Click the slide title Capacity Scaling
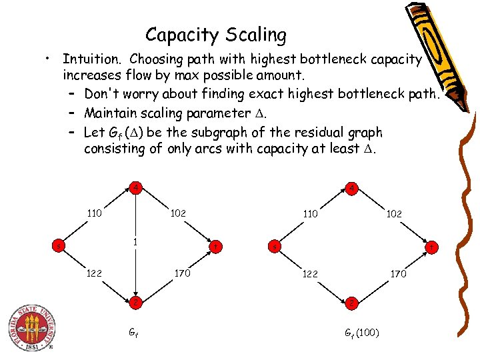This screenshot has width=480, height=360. [x=216, y=34]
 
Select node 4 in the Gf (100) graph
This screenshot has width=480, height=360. [x=351, y=189]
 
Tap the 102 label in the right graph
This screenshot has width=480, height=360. [x=395, y=214]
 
